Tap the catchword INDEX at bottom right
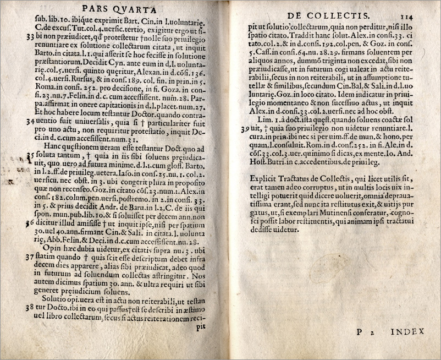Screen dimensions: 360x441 (407, 331)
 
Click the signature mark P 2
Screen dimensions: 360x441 (362, 332)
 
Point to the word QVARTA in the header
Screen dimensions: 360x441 (139, 9)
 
